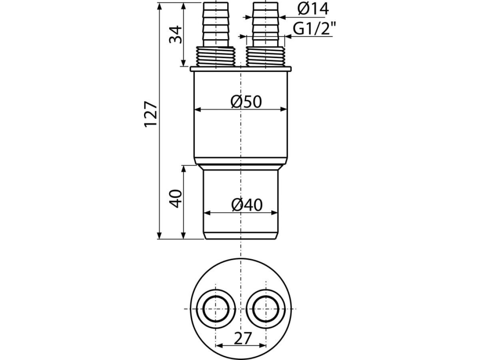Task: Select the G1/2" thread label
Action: coord(314,29)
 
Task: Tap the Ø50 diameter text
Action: coord(246,102)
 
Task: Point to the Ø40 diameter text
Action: coord(247,205)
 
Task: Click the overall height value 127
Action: coord(152,114)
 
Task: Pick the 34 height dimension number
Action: coord(176,34)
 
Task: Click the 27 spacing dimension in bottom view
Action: coord(242,338)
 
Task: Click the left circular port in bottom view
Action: coord(216,309)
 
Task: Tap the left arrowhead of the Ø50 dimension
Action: coord(197,109)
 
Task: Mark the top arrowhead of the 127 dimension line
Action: coord(160,6)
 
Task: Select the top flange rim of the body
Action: coord(240,69)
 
